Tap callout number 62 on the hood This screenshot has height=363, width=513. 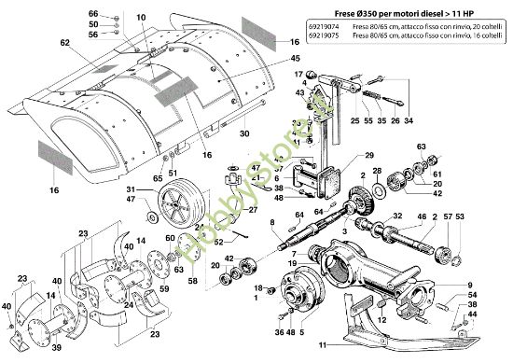pyautogui.click(x=64, y=43)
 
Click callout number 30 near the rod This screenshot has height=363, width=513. pyautogui.click(x=244, y=133)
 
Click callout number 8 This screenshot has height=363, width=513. pyautogui.click(x=271, y=221)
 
